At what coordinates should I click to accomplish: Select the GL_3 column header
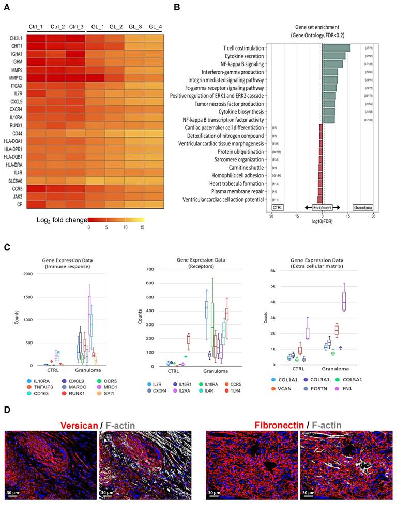tap(135, 27)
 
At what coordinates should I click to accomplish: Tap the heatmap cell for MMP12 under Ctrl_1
tap(36, 77)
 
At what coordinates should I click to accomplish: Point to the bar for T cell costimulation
tap(337, 48)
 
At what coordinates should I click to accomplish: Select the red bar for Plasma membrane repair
tap(320, 191)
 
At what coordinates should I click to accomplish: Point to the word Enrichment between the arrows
tap(322, 207)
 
